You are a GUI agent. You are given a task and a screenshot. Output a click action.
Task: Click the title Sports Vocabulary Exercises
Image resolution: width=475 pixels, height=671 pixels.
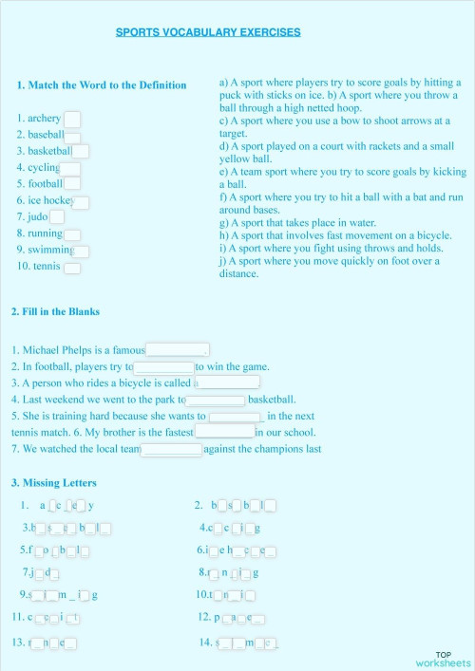208,32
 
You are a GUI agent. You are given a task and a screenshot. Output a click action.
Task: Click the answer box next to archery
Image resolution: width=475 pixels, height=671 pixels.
71,119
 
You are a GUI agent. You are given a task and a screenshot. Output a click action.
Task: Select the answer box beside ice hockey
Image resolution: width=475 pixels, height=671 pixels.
82,202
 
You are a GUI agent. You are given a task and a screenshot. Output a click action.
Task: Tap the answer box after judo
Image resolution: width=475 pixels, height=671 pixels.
57,217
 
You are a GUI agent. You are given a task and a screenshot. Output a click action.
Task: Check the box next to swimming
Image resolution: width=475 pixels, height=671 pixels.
82,251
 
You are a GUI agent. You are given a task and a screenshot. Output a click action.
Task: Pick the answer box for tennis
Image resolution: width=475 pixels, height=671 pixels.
71,268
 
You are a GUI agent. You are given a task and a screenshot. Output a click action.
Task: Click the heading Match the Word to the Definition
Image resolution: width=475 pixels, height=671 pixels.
102,84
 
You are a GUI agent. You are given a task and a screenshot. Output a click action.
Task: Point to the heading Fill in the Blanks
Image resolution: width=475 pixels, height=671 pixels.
56,311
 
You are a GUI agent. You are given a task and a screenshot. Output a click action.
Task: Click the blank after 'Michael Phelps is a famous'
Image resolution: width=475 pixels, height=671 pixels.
177,349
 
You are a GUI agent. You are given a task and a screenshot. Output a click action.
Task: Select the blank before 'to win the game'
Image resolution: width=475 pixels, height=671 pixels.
164,367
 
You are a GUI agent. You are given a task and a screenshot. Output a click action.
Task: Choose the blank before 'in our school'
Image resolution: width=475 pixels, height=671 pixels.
224,432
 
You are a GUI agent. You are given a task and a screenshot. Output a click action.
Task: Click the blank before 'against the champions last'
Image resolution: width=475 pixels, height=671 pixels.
172,449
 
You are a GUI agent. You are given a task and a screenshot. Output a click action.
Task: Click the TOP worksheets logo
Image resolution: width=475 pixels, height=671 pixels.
443,659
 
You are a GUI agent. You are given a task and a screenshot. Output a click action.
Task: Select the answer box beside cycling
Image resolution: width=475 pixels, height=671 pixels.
71,168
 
